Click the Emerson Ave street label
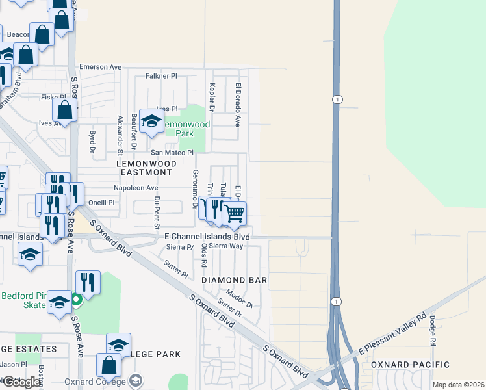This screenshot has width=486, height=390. pos(101,67)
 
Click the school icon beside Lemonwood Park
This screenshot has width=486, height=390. pos(151,121)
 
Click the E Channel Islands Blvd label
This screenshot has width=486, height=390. pos(207,237)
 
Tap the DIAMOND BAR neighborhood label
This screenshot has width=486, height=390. pos(235,280)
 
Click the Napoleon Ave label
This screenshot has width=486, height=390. pos(136,188)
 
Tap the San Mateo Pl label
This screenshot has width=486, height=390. pos(172,153)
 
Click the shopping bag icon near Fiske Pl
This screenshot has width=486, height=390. pos(65,110)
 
